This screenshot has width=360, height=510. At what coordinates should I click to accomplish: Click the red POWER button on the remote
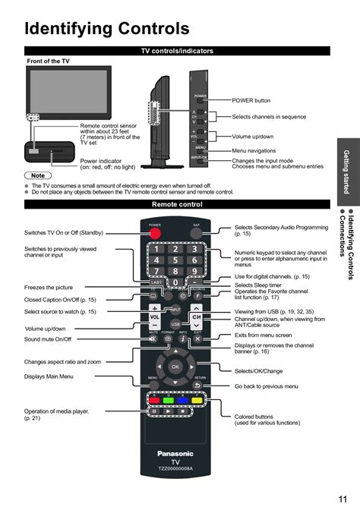pyautogui.click(x=155, y=234)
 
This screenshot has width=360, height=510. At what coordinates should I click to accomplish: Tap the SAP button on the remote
pyautogui.click(x=196, y=233)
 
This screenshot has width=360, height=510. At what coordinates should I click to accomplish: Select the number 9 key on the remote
pyautogui.click(x=195, y=271)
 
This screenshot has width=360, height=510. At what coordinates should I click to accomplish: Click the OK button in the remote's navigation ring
pyautogui.click(x=175, y=367)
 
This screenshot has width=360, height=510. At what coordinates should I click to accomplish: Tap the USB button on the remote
pyautogui.click(x=175, y=323)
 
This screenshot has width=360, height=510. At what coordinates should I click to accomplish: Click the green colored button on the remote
pyautogui.click(x=168, y=400)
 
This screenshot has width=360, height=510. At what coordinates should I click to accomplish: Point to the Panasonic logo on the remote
pyautogui.click(x=175, y=454)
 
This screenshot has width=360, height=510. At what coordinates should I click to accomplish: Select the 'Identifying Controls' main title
pyautogui.click(x=106, y=29)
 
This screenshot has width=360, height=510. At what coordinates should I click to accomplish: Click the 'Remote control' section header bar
pyautogui.click(x=177, y=205)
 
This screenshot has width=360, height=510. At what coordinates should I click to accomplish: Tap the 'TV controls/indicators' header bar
pyautogui.click(x=177, y=51)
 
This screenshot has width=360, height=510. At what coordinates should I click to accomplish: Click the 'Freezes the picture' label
pyautogui.click(x=49, y=288)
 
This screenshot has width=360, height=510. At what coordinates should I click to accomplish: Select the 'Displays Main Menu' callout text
pyautogui.click(x=49, y=376)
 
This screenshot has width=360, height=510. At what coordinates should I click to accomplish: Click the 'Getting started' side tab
pyautogui.click(x=346, y=172)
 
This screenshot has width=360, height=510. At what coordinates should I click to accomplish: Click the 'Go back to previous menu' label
pyautogui.click(x=266, y=386)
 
